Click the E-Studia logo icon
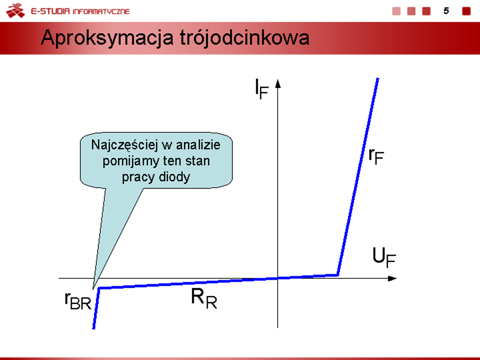pos(15,10)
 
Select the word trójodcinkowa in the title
pos(244,38)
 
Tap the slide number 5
pos(446,11)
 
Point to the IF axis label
pos(261,89)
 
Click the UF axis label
pos(384,257)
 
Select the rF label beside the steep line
pos(376,156)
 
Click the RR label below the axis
pos(204,298)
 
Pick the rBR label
pos(78,301)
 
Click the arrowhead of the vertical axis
pos(277,83)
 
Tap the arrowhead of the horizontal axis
pos(392,278)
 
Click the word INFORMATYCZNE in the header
pos(101,11)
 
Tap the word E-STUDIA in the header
pos(50,11)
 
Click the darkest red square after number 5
pos(466,11)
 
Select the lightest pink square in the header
pos(396,11)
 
